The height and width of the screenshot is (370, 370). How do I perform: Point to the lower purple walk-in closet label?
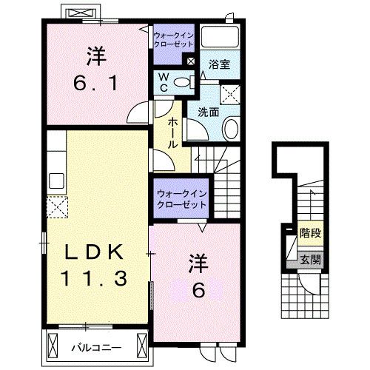(181, 199)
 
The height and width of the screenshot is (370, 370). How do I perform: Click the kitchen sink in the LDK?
(56, 180)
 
